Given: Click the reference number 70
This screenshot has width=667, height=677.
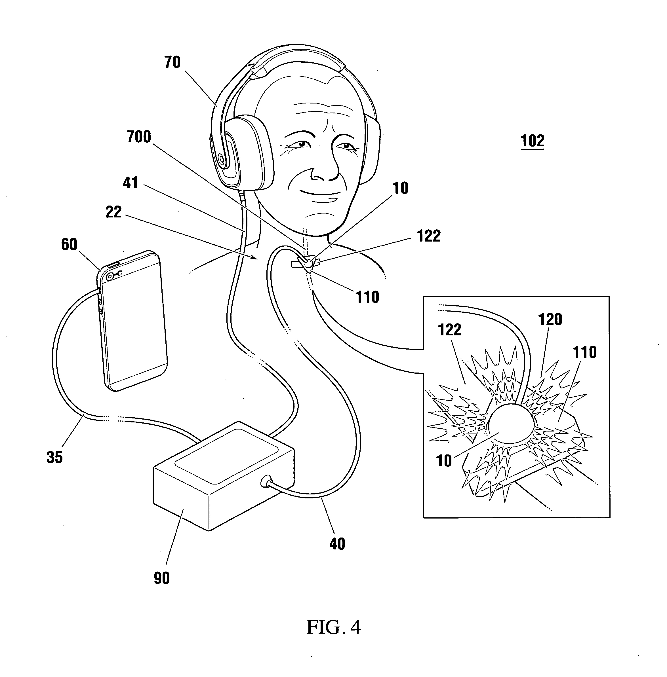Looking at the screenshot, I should (172, 62).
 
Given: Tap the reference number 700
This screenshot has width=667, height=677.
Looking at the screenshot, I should (139, 137).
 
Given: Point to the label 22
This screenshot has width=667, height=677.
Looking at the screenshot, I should (113, 212).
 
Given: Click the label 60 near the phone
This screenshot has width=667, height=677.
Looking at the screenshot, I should (69, 244).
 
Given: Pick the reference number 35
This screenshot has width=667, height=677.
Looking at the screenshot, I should (55, 457).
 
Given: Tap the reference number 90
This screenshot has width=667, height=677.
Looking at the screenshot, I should (161, 578).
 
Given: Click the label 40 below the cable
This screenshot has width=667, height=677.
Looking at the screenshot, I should (337, 544).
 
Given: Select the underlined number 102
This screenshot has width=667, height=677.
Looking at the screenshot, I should (532, 141).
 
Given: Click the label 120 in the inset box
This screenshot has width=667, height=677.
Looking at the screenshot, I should (550, 319).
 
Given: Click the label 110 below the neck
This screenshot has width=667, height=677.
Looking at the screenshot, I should (367, 297).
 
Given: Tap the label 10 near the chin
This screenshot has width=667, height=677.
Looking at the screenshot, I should (400, 188).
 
